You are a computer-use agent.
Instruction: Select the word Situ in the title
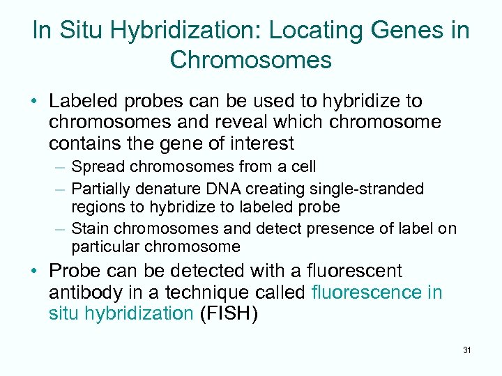point(77,31)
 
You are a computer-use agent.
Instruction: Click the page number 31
point(466,350)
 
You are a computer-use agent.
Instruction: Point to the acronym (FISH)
point(229,313)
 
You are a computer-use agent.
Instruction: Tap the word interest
point(260,144)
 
